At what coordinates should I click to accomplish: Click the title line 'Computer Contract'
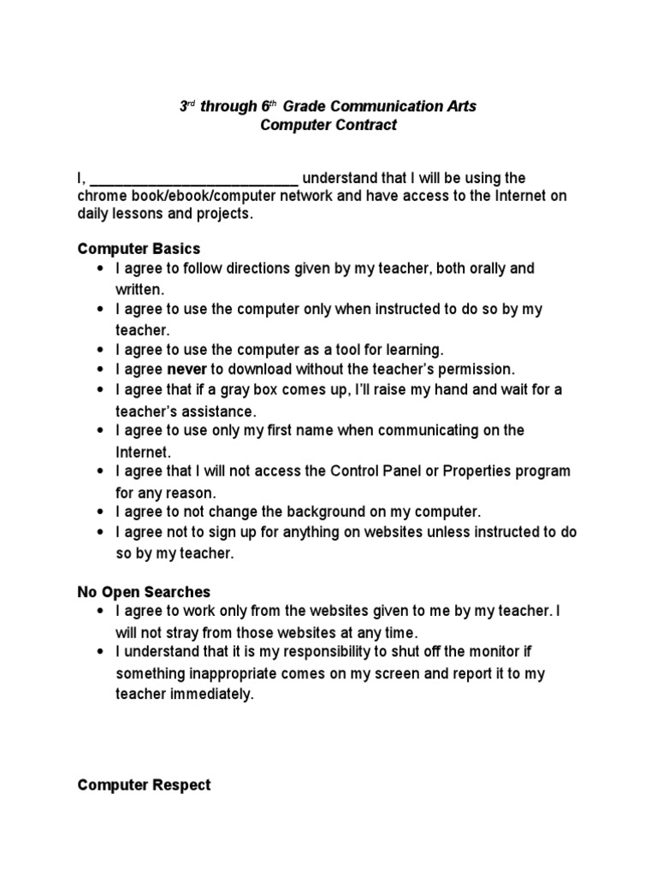click(329, 126)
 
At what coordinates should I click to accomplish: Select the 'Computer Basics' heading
click(139, 249)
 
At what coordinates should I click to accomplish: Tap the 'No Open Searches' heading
click(144, 592)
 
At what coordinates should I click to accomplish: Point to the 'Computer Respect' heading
click(144, 784)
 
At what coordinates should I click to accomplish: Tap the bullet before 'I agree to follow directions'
click(101, 269)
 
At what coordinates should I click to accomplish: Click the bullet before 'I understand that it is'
click(101, 654)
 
